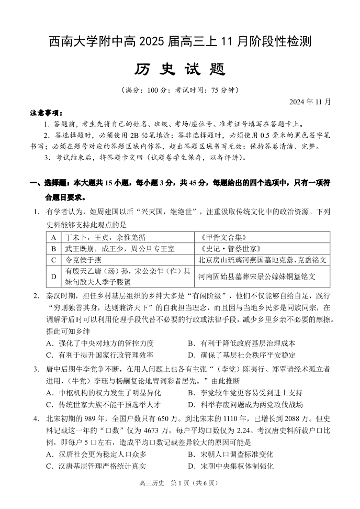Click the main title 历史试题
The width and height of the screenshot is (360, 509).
[x=180, y=70]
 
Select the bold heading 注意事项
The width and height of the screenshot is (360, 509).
[x=46, y=113]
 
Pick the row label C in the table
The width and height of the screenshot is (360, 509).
[x=53, y=260]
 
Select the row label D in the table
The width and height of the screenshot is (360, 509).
[x=53, y=275]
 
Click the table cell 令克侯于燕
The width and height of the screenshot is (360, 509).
[x=83, y=260]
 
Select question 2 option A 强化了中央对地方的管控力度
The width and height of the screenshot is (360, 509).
[x=100, y=343]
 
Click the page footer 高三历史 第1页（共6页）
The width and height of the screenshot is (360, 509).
[x=180, y=498]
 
